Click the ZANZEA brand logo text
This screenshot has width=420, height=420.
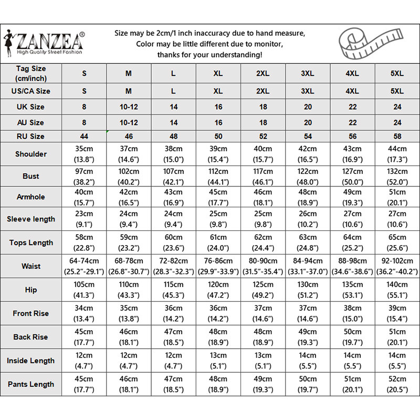[x=50, y=40]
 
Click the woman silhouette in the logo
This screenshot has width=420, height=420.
[x=9, y=44]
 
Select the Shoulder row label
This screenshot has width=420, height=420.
[x=31, y=154]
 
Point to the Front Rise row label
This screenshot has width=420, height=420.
[x=31, y=313]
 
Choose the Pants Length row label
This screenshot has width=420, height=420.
[x=31, y=384]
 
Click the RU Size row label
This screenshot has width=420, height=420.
[x=31, y=136]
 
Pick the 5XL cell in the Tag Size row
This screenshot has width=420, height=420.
[x=397, y=73]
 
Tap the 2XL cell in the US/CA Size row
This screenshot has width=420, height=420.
[x=263, y=91]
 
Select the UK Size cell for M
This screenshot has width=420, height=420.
[x=129, y=107]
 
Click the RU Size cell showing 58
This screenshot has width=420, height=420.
[x=397, y=136]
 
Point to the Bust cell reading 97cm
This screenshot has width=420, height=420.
[x=84, y=176]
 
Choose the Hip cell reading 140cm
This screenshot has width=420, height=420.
[x=397, y=290]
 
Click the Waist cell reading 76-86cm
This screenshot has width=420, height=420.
[x=218, y=266]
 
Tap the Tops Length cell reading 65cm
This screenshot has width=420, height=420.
[x=397, y=243]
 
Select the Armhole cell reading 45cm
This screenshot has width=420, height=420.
[x=218, y=197]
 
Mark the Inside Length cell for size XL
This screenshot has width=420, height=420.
[x=218, y=361]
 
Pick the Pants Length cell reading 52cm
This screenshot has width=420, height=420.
[x=397, y=384]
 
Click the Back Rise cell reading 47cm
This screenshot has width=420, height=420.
[x=173, y=337]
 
